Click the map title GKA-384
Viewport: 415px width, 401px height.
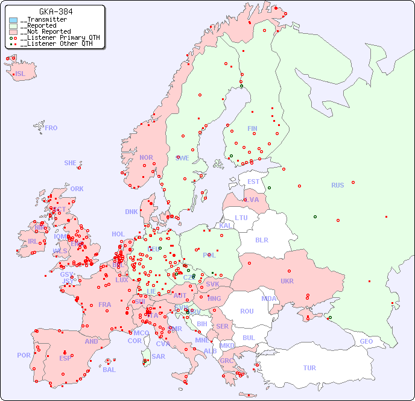point(55,11)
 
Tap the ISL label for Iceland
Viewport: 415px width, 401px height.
point(21,74)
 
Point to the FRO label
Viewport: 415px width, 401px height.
point(51,128)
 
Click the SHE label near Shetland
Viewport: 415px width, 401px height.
point(71,163)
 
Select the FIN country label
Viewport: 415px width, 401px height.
point(252,128)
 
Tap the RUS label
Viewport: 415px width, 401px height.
point(337,185)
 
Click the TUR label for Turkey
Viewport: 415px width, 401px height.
point(309,368)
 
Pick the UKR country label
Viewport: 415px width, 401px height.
point(287,281)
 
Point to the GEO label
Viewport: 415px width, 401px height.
point(366,341)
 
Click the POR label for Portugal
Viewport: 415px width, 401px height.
point(24,355)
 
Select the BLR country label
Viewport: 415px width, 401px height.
point(262,239)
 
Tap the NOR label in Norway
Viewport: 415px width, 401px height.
point(146,157)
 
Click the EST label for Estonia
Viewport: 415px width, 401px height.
point(253,182)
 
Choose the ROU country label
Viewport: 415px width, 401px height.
point(247,311)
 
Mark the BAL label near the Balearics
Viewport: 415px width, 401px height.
point(109,370)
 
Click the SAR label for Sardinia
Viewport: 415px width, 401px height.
point(158,356)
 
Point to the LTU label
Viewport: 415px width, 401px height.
point(241,218)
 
